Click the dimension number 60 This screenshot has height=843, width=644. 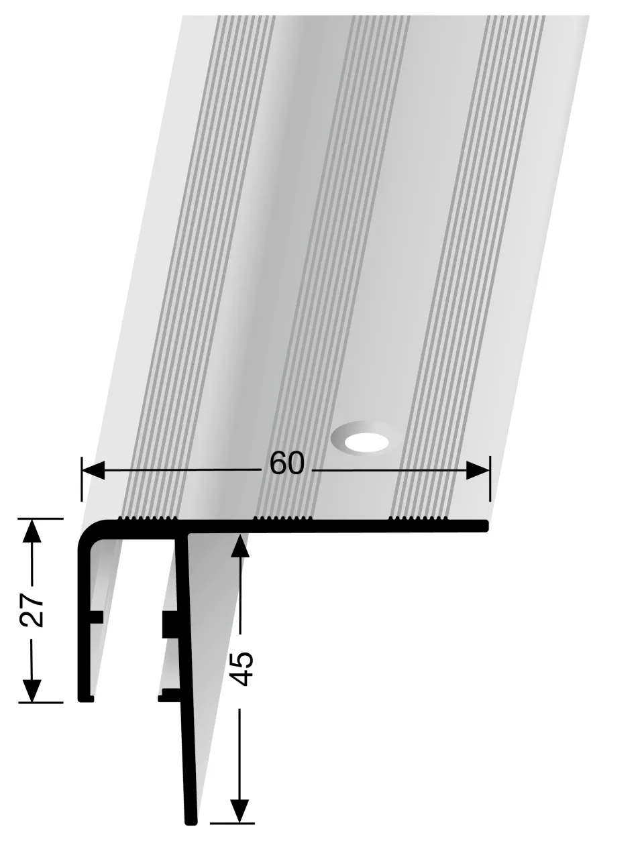pyautogui.click(x=286, y=463)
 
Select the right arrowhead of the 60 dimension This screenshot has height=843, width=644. pyautogui.click(x=478, y=471)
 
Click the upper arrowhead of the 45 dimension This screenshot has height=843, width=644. pyautogui.click(x=239, y=547)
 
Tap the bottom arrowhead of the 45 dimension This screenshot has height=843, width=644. pyautogui.click(x=239, y=810)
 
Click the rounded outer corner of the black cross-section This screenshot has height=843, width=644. pyautogui.click(x=87, y=530)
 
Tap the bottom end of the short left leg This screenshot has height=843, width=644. pyautogui.click(x=85, y=697)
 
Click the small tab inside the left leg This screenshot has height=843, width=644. pyautogui.click(x=97, y=617)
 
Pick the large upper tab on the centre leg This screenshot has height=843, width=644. pyautogui.click(x=168, y=624)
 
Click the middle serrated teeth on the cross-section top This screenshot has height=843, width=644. pyautogui.click(x=282, y=518)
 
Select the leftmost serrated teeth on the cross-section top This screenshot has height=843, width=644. pyautogui.click(x=147, y=518)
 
